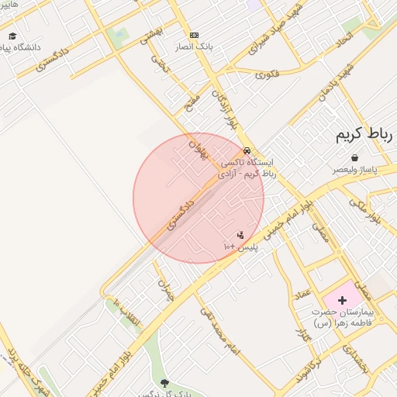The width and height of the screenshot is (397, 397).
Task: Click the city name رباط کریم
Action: (364, 135)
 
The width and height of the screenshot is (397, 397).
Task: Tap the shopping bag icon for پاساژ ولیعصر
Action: (354, 157)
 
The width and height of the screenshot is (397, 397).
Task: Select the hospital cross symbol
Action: (343, 299)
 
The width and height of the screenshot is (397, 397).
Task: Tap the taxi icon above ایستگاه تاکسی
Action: (247, 150)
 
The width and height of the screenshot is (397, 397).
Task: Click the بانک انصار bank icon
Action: (194, 35)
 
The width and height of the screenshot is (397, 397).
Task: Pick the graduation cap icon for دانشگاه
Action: (12, 36)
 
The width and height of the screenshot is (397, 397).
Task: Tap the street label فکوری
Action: (267, 74)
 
